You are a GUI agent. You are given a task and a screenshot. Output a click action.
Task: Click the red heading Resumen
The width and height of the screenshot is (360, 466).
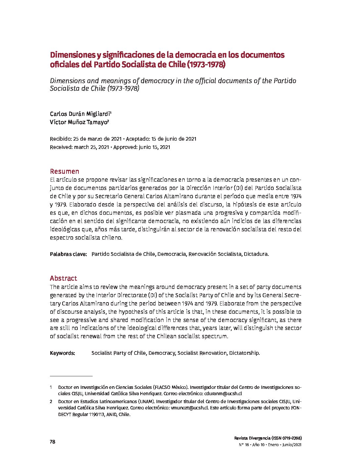point(65,171)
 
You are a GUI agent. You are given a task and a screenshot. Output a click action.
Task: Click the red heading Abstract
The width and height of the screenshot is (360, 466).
point(63,278)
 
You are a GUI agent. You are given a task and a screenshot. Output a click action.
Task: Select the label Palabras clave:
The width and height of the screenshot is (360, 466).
point(68,254)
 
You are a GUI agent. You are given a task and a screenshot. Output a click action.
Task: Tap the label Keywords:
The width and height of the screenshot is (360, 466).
point(63,353)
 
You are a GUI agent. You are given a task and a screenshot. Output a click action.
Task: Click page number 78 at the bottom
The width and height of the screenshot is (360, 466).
point(52,442)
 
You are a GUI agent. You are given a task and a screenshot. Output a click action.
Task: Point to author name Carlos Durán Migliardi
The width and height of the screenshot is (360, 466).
point(80,114)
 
